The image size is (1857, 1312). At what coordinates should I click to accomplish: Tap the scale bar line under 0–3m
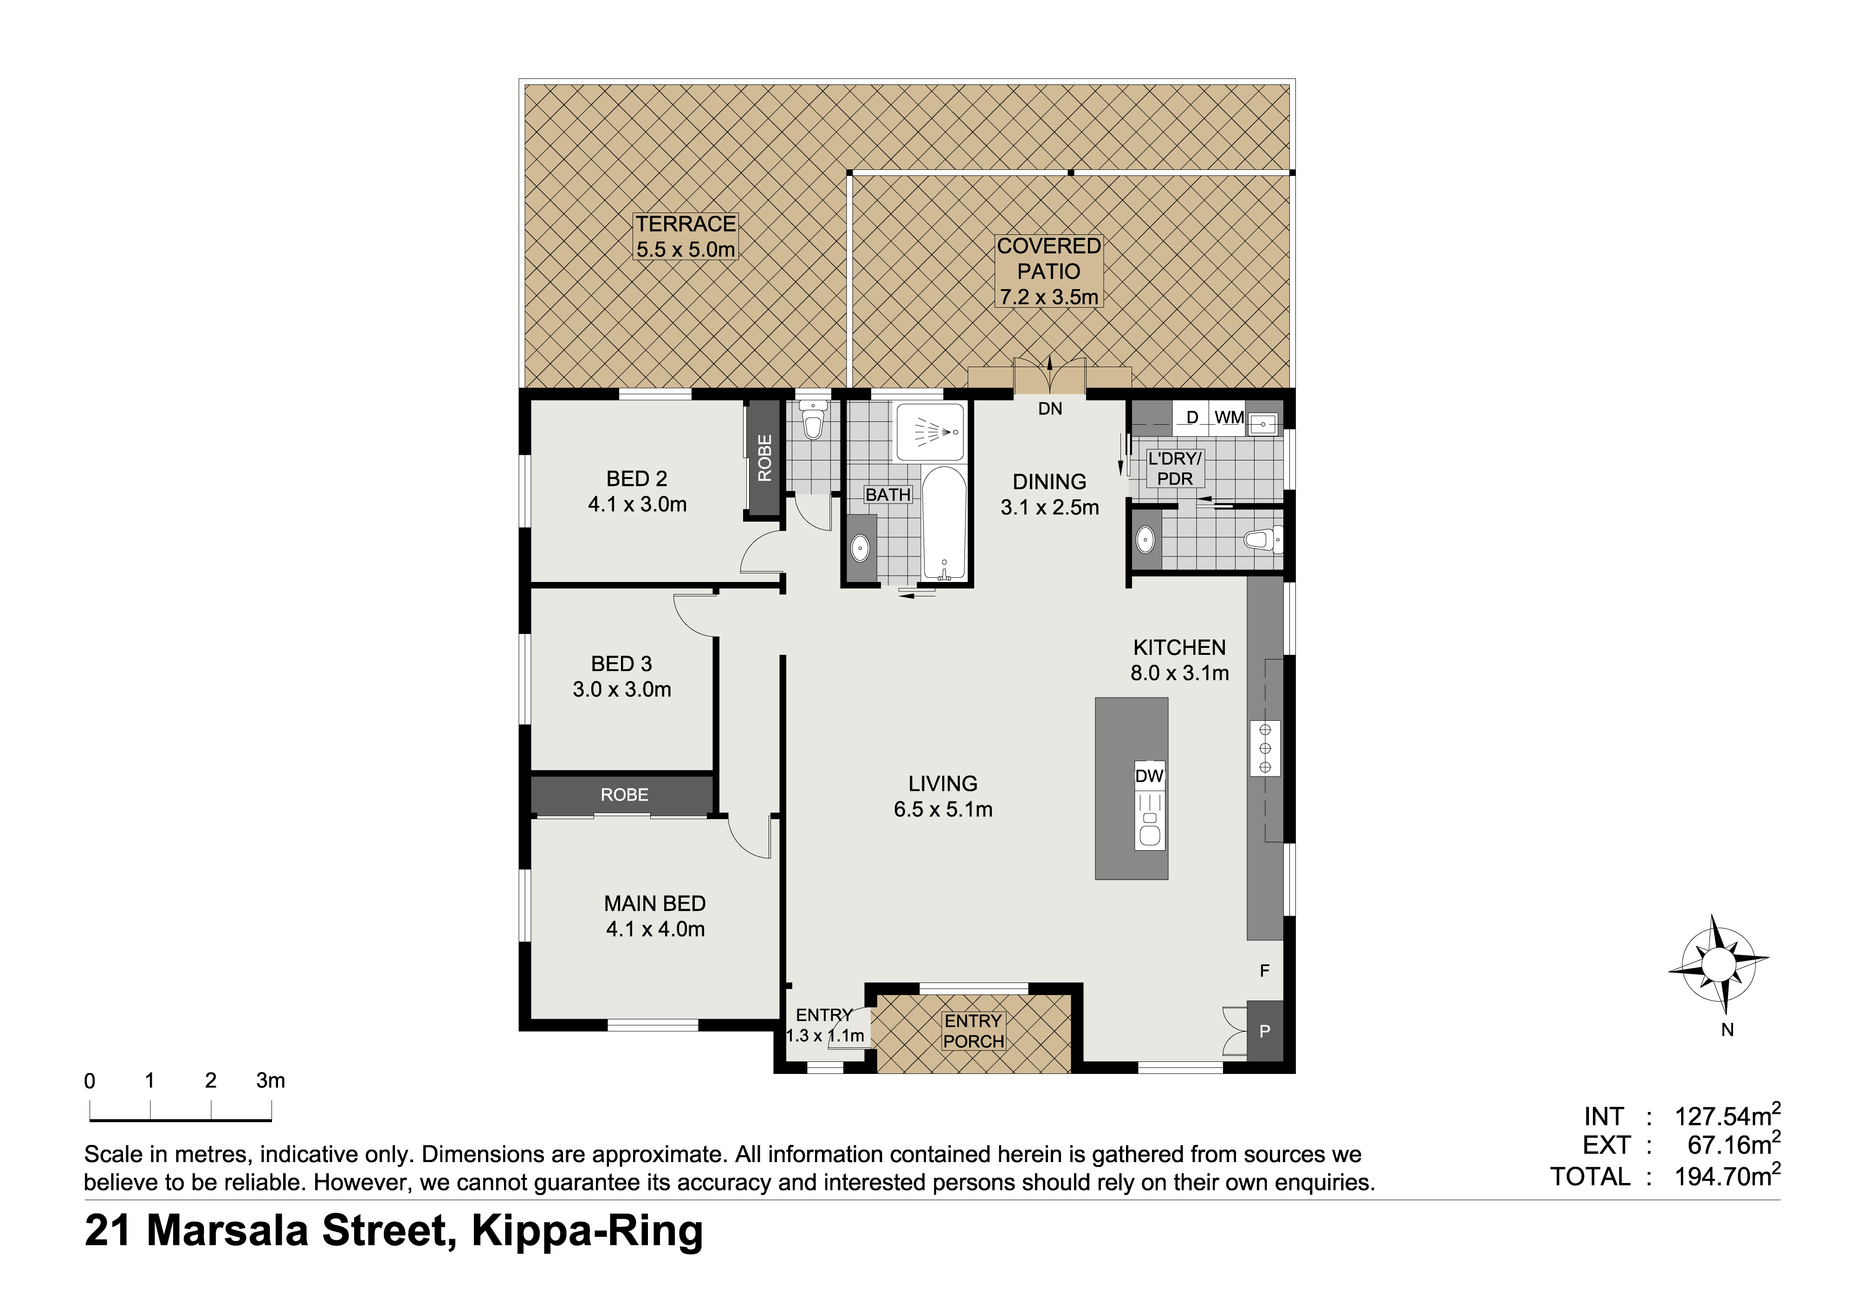point(181,1120)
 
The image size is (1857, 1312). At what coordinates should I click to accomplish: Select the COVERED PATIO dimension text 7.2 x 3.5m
point(1049,297)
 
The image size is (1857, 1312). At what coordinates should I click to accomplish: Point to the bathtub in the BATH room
point(944,524)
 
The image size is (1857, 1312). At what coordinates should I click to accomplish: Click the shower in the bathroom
point(930,432)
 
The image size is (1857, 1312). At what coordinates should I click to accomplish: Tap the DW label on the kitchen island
point(1149,776)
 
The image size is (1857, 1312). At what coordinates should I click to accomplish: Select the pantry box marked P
point(1265,1031)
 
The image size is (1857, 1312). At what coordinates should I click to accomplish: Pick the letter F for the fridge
point(1265,970)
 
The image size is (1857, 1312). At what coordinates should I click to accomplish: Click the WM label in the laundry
point(1229,417)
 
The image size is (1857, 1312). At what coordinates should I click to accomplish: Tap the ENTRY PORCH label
point(974,1031)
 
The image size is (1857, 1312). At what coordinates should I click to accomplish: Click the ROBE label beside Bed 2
point(764,458)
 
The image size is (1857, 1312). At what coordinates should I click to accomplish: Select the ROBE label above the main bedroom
point(624,795)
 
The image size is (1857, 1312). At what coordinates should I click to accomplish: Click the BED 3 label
point(621,664)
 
